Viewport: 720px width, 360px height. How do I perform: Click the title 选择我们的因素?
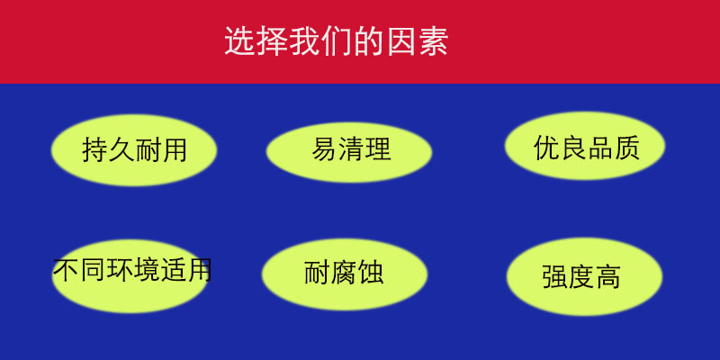tap(336, 42)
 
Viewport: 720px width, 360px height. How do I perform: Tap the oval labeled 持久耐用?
tap(134, 149)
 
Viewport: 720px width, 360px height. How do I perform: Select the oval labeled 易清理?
tap(350, 149)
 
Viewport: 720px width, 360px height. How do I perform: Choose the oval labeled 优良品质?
tap(585, 147)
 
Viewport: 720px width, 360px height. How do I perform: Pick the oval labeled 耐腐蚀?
tap(343, 273)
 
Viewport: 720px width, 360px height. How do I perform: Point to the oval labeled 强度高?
tap(584, 276)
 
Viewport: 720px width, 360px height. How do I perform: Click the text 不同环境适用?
tap(132, 270)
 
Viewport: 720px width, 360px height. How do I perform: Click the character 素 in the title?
tap(433, 42)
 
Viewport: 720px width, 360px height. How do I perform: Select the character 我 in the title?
tap(304, 42)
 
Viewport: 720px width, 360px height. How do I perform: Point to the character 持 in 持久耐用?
tap(94, 149)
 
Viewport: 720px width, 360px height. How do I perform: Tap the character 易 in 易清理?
tap(324, 149)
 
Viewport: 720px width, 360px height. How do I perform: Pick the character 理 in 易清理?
tap(378, 149)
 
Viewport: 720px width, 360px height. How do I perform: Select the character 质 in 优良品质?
tap(625, 147)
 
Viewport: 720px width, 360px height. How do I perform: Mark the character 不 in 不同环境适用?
tap(66, 270)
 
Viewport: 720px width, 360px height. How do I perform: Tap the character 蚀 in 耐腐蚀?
tap(370, 273)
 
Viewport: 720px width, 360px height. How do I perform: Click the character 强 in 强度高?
tap(556, 276)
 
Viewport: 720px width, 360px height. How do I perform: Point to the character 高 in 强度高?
tap(609, 276)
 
